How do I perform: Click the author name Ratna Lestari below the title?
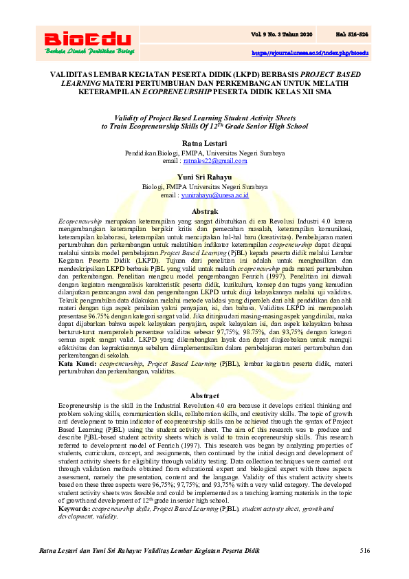click(204, 142)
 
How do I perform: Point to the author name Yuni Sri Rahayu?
click(204, 177)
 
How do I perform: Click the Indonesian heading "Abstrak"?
click(204, 211)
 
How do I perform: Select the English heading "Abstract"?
click(204, 396)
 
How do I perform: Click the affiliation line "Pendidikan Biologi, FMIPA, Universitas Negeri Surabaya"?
click(204, 152)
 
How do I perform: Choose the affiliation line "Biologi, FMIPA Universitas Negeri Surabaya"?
click(204, 187)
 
